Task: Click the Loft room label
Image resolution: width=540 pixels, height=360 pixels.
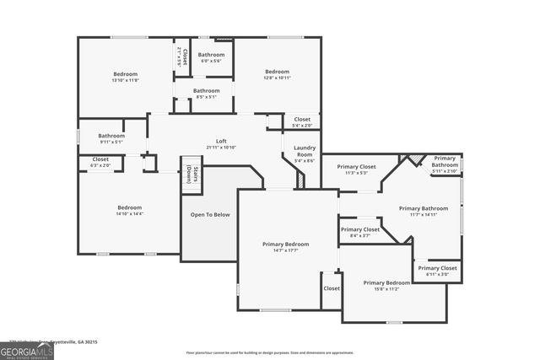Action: click(221, 141)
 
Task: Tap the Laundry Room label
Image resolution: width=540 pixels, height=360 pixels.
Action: click(305, 152)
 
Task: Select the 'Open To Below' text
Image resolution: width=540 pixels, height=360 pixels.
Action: click(210, 214)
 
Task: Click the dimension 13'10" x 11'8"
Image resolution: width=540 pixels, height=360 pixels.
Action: click(126, 81)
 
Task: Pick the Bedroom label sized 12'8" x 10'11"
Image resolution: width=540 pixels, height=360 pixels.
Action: click(277, 72)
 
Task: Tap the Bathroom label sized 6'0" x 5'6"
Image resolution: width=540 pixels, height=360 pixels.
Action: click(211, 55)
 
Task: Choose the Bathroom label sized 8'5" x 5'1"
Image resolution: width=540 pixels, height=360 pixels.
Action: click(206, 90)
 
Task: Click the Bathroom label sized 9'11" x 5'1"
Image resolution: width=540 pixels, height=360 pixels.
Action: click(111, 136)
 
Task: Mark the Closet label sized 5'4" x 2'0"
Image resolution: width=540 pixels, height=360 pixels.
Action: click(301, 120)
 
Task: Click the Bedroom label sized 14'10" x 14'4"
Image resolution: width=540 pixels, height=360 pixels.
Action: click(130, 207)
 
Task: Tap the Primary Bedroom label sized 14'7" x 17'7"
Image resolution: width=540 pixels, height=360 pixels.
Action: click(280, 244)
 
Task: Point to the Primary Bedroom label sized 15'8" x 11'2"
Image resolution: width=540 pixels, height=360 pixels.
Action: click(386, 282)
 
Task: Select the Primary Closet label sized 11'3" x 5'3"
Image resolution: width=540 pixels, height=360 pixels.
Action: click(357, 167)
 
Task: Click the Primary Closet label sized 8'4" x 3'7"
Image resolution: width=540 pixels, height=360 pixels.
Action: click(360, 229)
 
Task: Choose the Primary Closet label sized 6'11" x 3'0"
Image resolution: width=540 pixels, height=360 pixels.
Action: click(437, 267)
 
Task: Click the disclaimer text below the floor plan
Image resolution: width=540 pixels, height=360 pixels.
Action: click(270, 352)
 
